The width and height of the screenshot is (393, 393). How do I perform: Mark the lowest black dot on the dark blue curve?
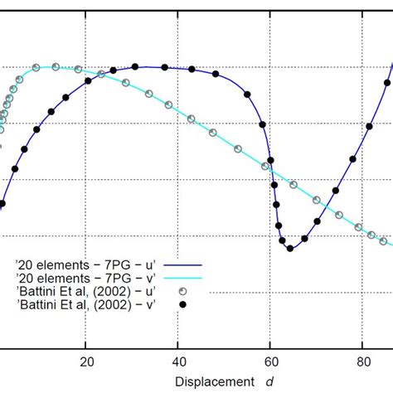[289, 249]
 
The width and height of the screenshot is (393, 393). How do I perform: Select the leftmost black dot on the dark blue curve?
[2, 204]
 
